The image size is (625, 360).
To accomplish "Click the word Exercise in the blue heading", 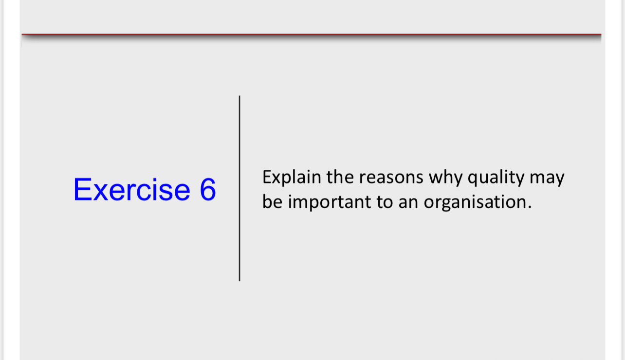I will tap(131, 189).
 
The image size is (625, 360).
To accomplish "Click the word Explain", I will tap(292, 178).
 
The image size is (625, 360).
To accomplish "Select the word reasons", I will tap(391, 178).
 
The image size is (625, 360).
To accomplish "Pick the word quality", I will tap(492, 178).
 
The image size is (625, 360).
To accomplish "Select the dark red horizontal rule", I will tap(312, 35).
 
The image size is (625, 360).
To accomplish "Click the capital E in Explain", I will tap(267, 177).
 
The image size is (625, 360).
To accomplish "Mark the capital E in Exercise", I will tap(81, 189).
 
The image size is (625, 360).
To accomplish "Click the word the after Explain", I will tap(340, 178).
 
